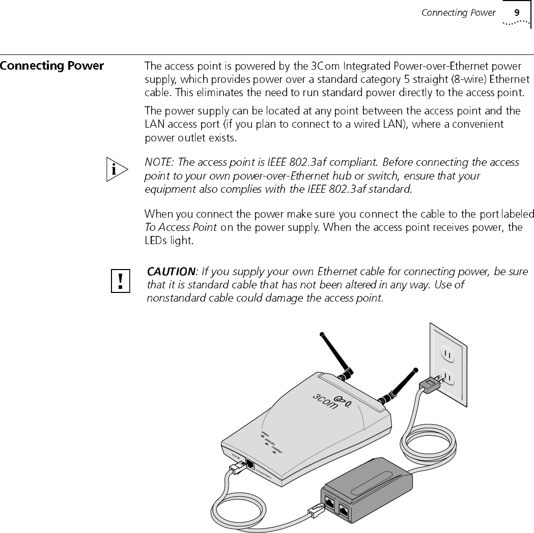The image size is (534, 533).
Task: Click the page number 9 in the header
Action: click(516, 13)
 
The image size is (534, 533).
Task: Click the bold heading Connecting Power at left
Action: click(52, 66)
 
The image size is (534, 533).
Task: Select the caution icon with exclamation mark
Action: click(121, 281)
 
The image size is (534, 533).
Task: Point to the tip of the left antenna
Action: click(321, 334)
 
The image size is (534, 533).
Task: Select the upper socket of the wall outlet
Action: click(448, 352)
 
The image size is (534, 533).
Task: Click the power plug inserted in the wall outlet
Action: click(430, 386)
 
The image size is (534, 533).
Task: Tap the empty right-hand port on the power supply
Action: click(344, 510)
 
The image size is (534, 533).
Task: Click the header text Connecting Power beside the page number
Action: click(458, 13)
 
